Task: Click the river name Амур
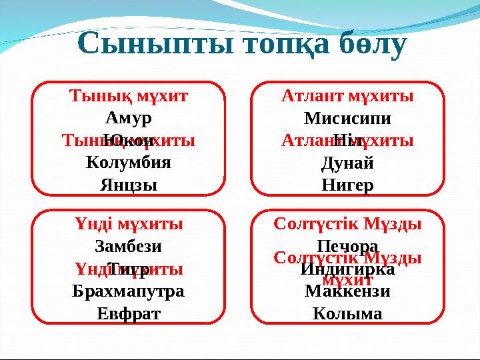(129, 118)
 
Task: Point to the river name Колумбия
(129, 162)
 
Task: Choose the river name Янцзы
(129, 184)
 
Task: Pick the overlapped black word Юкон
(129, 141)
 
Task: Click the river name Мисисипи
(347, 118)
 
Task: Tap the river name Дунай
(347, 162)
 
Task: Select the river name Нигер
(347, 184)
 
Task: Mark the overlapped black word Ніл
(347, 141)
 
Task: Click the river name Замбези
(129, 246)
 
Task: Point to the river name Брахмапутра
(129, 291)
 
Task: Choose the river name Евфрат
(129, 313)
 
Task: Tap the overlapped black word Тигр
(129, 269)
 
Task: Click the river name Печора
(347, 246)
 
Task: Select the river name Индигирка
(347, 269)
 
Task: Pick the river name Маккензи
(347, 291)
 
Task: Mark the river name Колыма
(347, 313)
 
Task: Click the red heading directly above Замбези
(129, 224)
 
